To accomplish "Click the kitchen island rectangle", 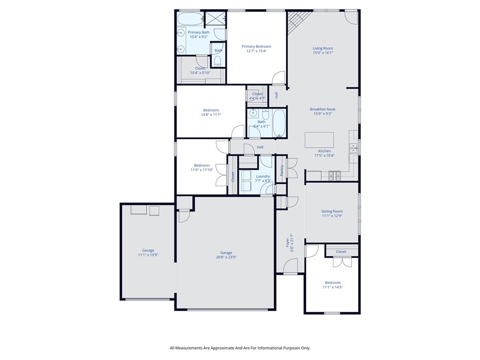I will pyautogui.click(x=319, y=140).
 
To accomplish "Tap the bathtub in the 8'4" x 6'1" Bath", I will pyautogui.click(x=279, y=124).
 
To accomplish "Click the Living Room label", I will pyautogui.click(x=322, y=48).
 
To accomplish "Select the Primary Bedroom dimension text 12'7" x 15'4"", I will pyautogui.click(x=256, y=51).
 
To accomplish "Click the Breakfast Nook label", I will pyautogui.click(x=322, y=109).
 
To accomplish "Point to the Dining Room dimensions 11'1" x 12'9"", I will pyautogui.click(x=332, y=216).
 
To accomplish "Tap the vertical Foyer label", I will pyautogui.click(x=287, y=243).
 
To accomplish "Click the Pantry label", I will pyautogui.click(x=282, y=170).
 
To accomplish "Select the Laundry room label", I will pyautogui.click(x=262, y=176).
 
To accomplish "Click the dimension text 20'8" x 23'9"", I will pyautogui.click(x=225, y=257).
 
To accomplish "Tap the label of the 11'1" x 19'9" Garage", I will pyautogui.click(x=148, y=250).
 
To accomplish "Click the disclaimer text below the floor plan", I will pyautogui.click(x=240, y=348).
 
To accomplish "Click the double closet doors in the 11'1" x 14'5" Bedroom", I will pyautogui.click(x=342, y=262).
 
